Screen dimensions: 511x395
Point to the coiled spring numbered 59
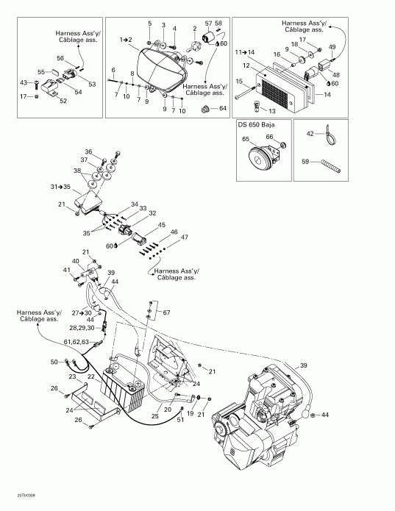click(x=331, y=166)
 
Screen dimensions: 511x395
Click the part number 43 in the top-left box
click(x=24, y=82)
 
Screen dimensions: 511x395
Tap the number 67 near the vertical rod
click(x=166, y=293)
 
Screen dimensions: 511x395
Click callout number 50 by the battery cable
click(x=54, y=361)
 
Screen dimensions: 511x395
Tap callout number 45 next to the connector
click(x=161, y=225)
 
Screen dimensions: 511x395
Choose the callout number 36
click(x=88, y=151)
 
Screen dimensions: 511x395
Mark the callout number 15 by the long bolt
click(x=239, y=81)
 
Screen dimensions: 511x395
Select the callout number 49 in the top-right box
click(x=332, y=47)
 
